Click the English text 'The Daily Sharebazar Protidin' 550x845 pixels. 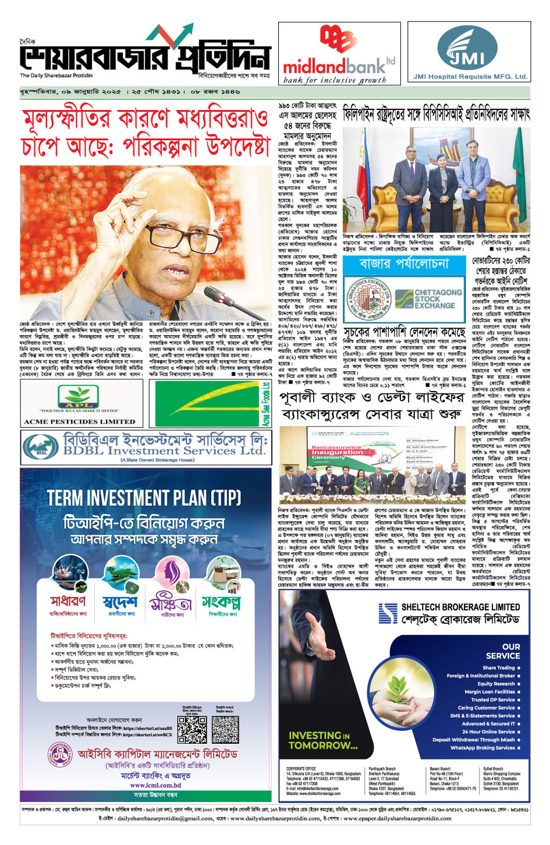pos(56,76)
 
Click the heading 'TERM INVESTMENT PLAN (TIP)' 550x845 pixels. pos(144,498)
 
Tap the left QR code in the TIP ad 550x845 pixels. pos(192,729)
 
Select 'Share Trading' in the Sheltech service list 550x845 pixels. pos(499,668)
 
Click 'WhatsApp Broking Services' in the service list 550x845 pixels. pos(482,748)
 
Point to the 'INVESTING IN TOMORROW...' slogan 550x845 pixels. pos(323,740)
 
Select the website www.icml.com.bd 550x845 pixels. pos(155,785)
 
